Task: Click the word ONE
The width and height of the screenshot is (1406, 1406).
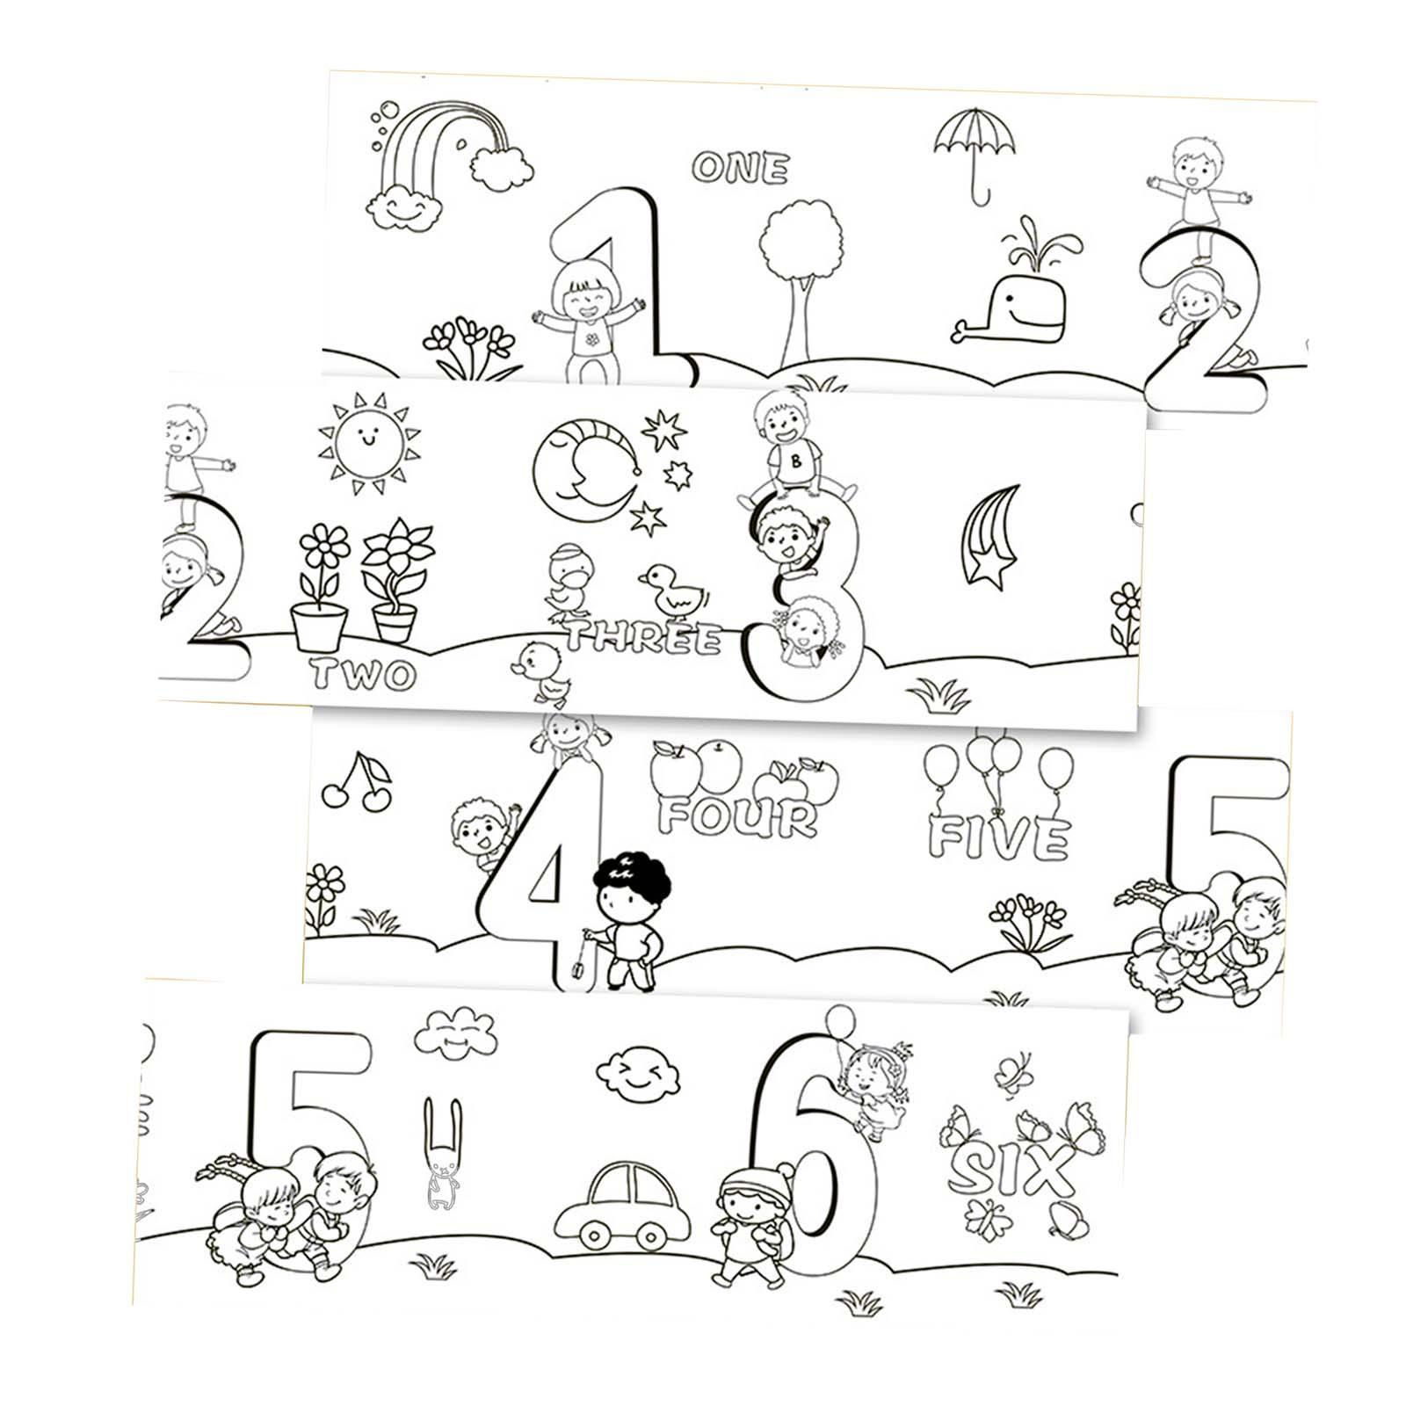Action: (x=740, y=167)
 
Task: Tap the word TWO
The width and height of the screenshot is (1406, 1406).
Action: (x=362, y=675)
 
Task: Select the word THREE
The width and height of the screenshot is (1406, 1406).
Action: (x=643, y=638)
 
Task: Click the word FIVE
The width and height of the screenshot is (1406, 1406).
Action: (x=999, y=837)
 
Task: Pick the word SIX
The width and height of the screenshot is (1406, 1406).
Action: (x=1012, y=1170)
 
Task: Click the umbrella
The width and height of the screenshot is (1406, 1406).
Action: (x=975, y=145)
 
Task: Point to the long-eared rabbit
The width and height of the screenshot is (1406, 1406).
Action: (x=441, y=1151)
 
